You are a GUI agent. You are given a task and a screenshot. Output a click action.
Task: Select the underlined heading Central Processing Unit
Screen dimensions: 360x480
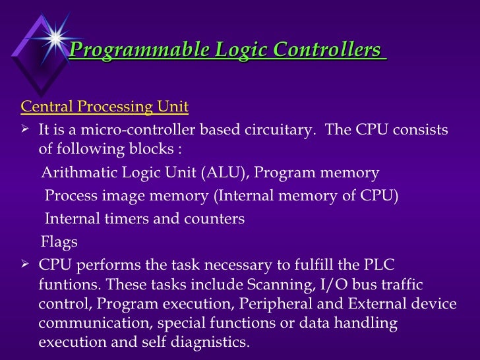coord(105,106)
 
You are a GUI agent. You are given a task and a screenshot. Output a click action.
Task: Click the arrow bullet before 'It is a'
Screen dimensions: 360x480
coord(26,129)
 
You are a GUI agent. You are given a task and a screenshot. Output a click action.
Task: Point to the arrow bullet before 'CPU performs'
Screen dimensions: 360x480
coord(26,265)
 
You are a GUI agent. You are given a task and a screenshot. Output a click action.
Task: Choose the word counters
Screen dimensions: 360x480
coord(216,218)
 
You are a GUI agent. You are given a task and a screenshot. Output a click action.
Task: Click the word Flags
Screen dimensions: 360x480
coord(59,241)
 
